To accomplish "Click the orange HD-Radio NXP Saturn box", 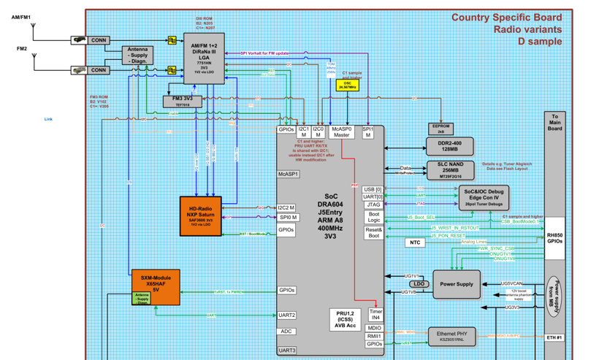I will pos(200,216).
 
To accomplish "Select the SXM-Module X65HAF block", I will pos(155,285).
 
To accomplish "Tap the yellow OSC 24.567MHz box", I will pos(348,85).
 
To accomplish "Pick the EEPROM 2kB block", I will pos(440,129).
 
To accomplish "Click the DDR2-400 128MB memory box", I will pos(450,146).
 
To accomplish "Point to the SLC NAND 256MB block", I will pos(450,170).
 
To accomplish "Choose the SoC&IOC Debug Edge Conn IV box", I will pos(483,197).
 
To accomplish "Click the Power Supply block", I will pos(457,284).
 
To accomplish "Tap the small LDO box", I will pos(419,284).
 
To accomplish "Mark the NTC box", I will pos(415,242).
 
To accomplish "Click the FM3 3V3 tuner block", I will pos(182,102).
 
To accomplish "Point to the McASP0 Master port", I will pos(342,131).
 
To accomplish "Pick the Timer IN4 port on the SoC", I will pos(375,315).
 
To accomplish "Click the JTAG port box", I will pos(374,204).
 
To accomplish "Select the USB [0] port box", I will pos(373,190).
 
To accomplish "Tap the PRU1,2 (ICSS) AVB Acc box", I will pos(346,319).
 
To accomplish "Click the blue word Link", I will pos(48,119).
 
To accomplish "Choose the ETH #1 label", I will pos(554,337).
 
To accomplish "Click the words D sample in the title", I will pos(540,42).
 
